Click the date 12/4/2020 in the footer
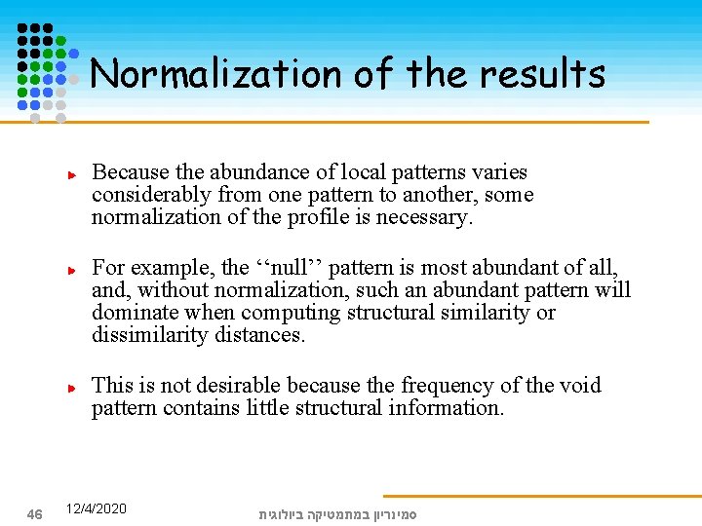pyautogui.click(x=96, y=509)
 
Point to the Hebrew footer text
pyautogui.click(x=337, y=513)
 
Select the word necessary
pyautogui.click(x=429, y=217)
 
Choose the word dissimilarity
pyautogui.click(x=150, y=335)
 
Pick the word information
pyautogui.click(x=445, y=408)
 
